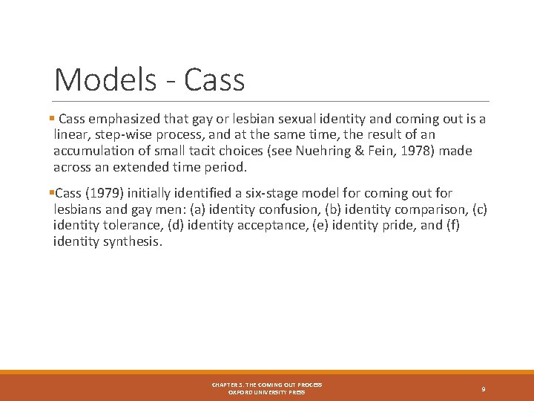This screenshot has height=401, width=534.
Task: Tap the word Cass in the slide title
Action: point(214,79)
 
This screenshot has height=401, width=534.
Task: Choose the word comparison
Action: point(430,209)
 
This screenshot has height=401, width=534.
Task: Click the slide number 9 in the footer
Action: point(483,388)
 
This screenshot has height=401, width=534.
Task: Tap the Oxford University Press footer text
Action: point(266,392)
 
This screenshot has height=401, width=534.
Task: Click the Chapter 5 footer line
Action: point(266,385)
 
